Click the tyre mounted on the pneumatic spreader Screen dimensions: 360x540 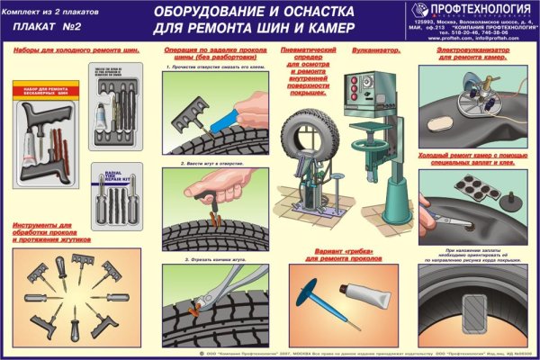pos(296,127)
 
